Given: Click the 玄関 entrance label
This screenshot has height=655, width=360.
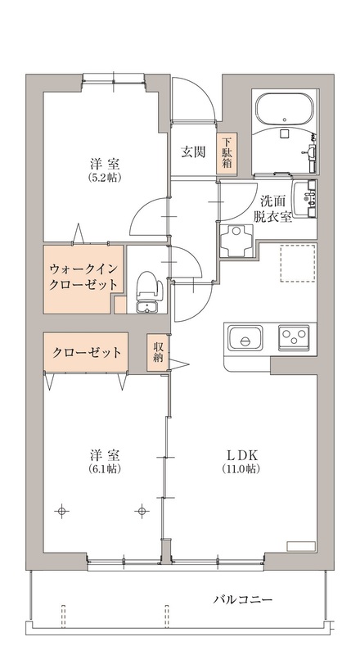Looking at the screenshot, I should click(192, 151).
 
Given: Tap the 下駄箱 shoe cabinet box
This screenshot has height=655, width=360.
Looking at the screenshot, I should click(226, 154).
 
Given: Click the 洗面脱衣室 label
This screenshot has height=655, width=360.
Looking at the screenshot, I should click(272, 209).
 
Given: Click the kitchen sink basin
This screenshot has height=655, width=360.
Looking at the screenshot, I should click(245, 337).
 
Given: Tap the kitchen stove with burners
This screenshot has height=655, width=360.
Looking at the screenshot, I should click(294, 337).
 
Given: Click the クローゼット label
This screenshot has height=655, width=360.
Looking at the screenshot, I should click(88, 353).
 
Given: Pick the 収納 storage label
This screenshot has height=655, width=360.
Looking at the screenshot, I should click(157, 352).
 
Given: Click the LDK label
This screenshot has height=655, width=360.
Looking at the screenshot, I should click(242, 455).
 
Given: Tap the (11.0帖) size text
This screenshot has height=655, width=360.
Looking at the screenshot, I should click(242, 470).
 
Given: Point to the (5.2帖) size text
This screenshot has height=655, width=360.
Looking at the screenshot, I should click(106, 177).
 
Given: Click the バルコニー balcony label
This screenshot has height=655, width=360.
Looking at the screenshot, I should click(243, 599).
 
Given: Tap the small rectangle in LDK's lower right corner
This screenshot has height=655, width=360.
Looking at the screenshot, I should click(300, 544).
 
